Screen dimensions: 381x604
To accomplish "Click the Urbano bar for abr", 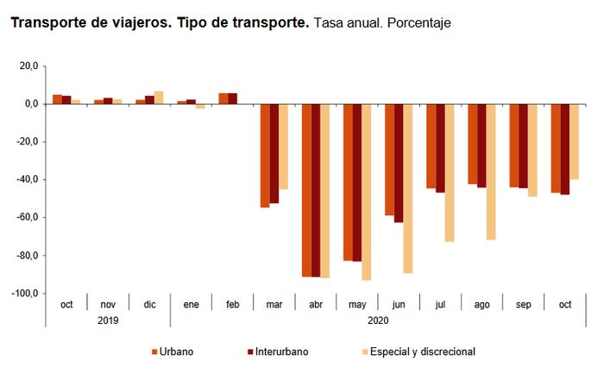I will point(307,190).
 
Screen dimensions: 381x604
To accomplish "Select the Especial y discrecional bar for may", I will point(366,192).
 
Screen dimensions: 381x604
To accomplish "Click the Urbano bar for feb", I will point(223,98).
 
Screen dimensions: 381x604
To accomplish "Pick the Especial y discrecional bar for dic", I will point(159,98).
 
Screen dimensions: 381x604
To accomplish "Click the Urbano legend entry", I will point(173,352).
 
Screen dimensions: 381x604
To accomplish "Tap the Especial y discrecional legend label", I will point(423,352).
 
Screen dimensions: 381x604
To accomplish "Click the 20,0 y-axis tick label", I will point(28,66).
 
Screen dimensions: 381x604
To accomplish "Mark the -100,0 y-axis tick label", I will point(24,294).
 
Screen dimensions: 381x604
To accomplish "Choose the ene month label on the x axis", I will point(191,305).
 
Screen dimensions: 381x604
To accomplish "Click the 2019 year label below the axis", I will point(108,320).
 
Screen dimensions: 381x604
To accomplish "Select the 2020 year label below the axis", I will point(377,320).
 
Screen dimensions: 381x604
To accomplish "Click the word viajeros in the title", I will point(135,22).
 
